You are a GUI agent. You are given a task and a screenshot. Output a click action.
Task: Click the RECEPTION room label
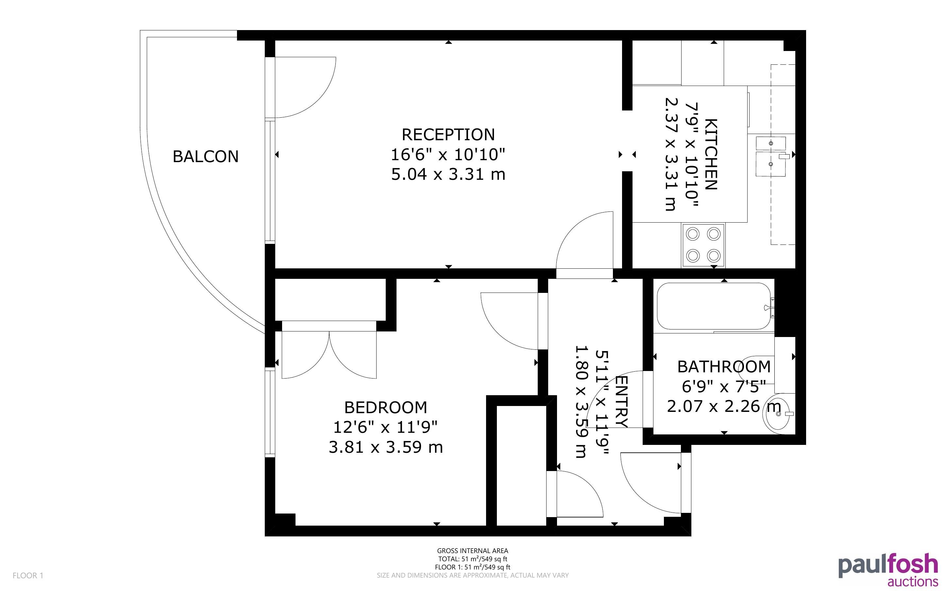point(448,134)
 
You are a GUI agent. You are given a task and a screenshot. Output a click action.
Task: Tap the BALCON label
point(206,156)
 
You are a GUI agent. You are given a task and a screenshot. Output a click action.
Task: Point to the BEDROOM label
point(386,408)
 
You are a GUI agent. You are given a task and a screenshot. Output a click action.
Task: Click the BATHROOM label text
point(724,367)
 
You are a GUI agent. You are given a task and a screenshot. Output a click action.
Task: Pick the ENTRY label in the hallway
point(621,402)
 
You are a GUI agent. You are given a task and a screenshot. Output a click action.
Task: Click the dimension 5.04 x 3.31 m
point(448,174)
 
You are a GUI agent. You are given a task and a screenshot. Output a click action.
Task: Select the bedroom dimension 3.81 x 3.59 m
point(386,447)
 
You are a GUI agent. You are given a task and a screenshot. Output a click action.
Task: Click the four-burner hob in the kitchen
point(703,245)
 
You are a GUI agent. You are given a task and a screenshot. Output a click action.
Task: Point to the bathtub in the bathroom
point(714,306)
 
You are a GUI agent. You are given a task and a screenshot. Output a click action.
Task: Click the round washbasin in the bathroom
point(778,414)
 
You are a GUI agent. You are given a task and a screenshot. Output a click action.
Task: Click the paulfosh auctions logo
point(888,569)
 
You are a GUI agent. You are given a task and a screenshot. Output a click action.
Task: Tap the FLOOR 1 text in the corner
point(28,575)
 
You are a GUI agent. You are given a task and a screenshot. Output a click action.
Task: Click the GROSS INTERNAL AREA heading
point(472,551)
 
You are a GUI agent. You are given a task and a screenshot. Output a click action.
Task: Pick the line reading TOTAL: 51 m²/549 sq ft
point(472,559)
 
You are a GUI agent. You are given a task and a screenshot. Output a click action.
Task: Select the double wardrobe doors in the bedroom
point(329,355)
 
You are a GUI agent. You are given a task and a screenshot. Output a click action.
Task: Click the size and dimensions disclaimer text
point(472,575)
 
